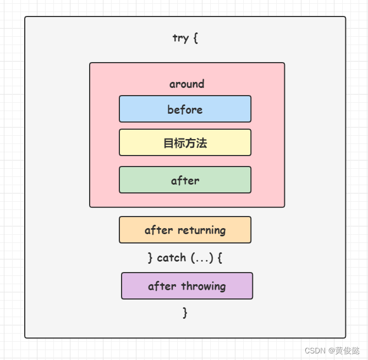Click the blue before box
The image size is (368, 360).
click(185, 109)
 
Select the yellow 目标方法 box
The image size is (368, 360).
click(185, 143)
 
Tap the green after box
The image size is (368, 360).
click(185, 180)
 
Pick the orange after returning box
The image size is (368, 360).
click(185, 230)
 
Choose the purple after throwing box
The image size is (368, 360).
click(186, 286)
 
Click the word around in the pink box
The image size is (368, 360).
click(186, 84)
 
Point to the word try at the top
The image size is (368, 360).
click(180, 38)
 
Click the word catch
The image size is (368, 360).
click(171, 258)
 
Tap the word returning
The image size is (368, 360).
click(200, 230)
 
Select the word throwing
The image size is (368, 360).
click(204, 286)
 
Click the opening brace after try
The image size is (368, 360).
click(195, 38)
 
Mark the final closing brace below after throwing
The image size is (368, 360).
click(185, 313)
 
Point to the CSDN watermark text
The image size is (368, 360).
click(315, 350)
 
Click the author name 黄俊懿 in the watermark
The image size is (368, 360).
click(348, 350)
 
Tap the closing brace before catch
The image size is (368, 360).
click(150, 258)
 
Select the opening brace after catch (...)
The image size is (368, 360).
click(220, 258)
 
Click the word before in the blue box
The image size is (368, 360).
click(185, 109)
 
